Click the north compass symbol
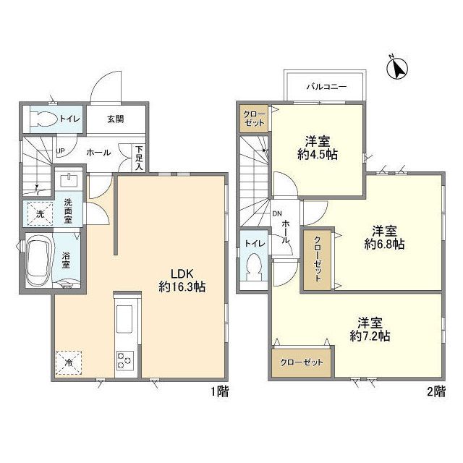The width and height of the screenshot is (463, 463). click(397, 69)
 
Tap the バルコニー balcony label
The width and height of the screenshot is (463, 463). click(326, 87)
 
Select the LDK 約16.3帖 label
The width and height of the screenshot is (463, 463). click(182, 280)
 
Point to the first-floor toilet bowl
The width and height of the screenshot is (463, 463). click(44, 119)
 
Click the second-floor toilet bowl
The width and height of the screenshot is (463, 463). click(254, 267)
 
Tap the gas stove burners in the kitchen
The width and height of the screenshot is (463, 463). click(125, 360)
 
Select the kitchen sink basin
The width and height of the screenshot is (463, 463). click(124, 319)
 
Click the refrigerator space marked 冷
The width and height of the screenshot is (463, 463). click(69, 362)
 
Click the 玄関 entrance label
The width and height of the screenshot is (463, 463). click(116, 119)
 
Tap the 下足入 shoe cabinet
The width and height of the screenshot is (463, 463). click(139, 158)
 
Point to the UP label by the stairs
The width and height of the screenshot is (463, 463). click(60, 151)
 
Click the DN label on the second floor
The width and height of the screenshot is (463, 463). click(277, 213)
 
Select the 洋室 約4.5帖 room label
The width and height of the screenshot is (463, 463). click(318, 148)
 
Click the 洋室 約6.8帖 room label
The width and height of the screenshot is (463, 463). click(384, 237)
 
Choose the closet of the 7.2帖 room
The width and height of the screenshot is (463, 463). click(302, 362)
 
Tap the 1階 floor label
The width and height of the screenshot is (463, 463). click(219, 391)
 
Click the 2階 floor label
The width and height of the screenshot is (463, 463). click(436, 391)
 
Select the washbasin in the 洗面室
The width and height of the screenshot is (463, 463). click(69, 180)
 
